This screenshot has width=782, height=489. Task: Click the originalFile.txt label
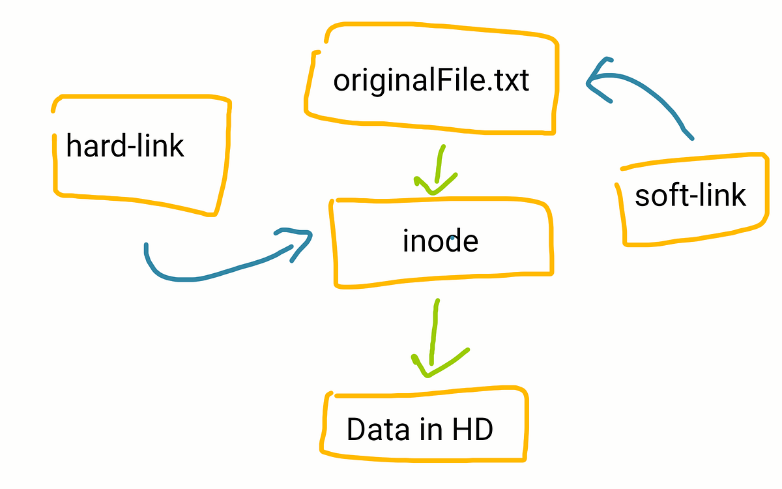431,81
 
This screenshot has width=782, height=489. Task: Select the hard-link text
125,146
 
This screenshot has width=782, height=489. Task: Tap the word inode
441,241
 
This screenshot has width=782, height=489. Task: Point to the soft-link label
690,195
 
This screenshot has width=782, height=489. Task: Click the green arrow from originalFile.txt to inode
438,171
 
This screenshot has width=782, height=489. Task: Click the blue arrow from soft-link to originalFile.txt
652,98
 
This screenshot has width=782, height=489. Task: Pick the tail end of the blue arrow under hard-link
147,246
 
